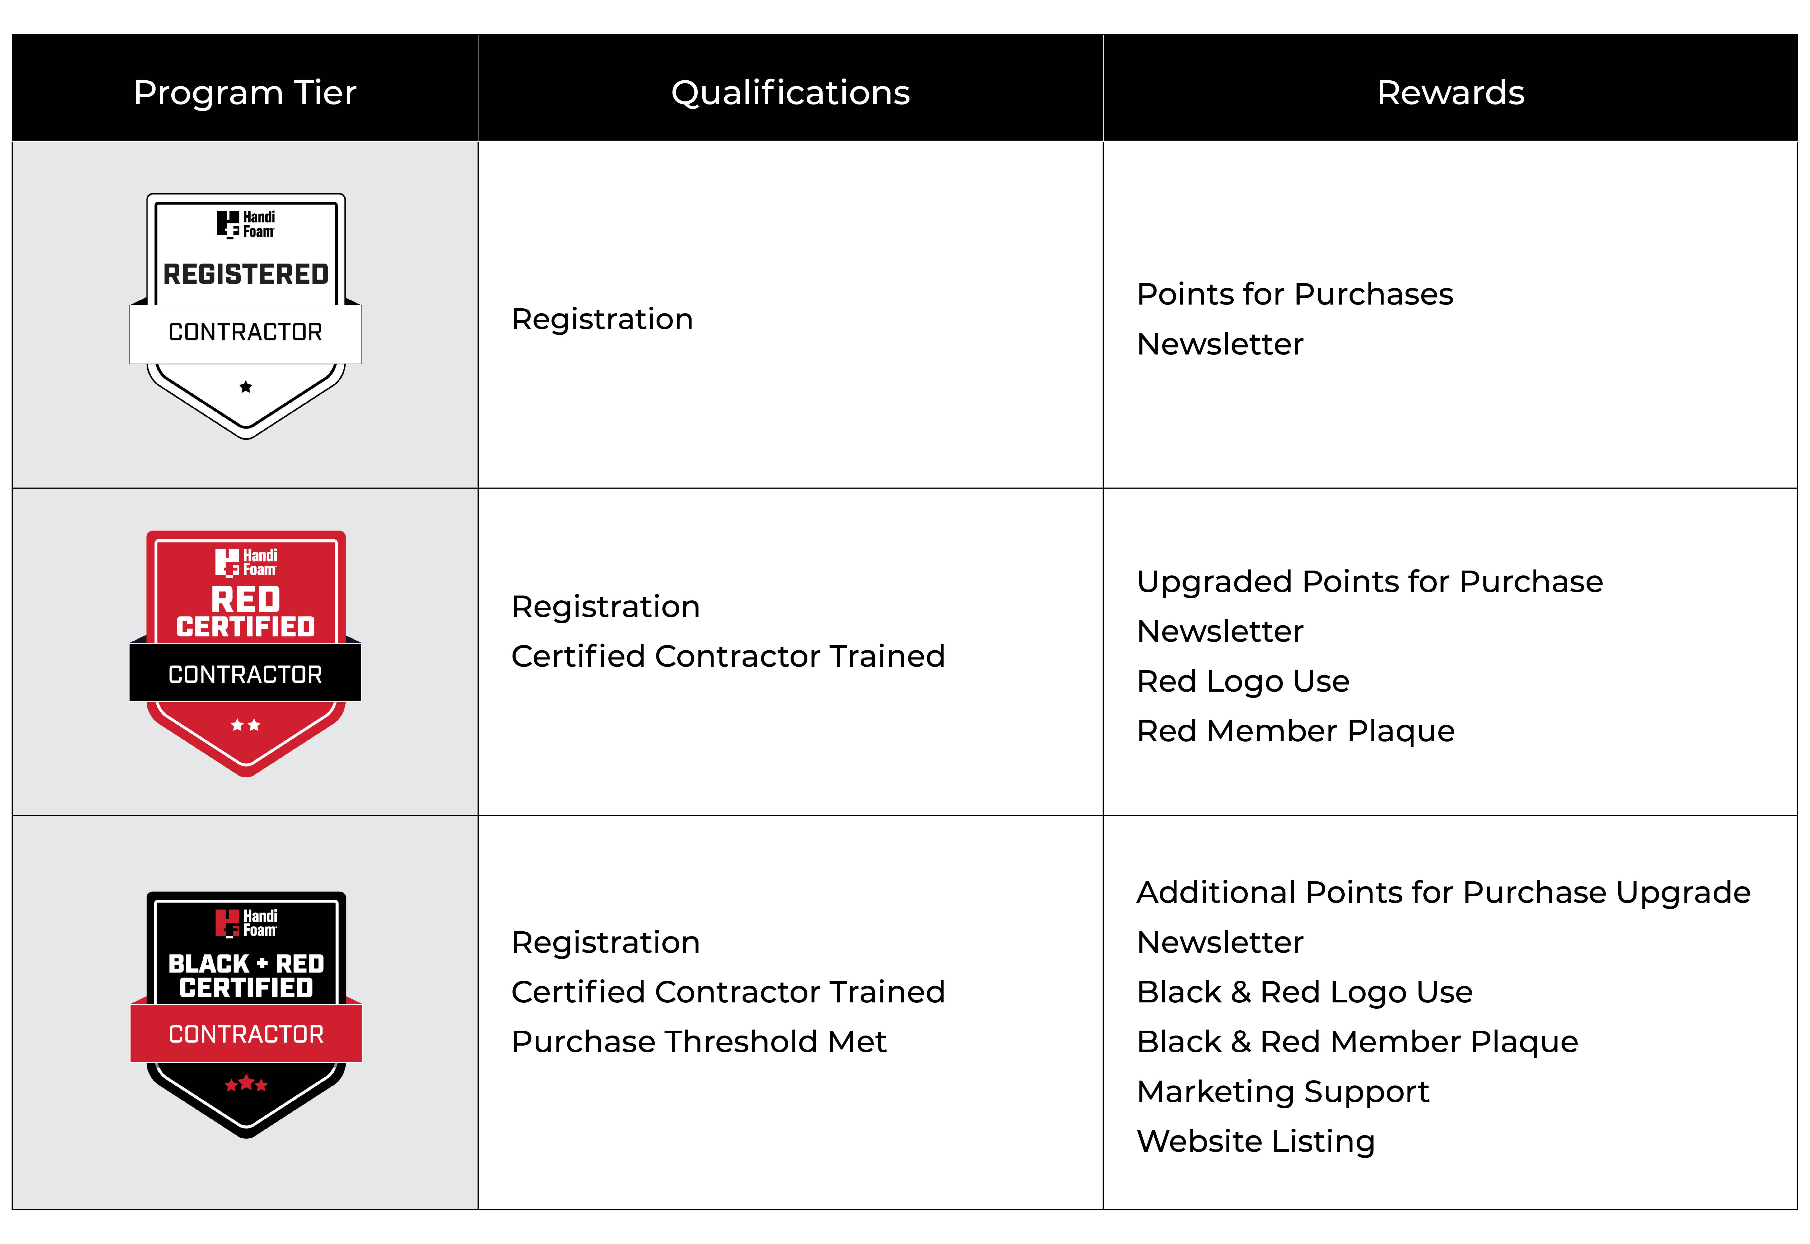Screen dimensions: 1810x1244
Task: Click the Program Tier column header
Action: pyautogui.click(x=245, y=93)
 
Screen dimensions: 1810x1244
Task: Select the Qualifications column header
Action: pyautogui.click(x=790, y=93)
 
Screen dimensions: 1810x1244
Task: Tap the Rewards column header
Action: pyautogui.click(x=1451, y=93)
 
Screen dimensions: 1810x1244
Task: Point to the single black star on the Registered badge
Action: pyautogui.click(x=245, y=387)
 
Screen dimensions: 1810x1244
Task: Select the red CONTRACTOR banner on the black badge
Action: pyautogui.click(x=245, y=1034)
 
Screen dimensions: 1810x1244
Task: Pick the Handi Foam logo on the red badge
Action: pyautogui.click(x=245, y=562)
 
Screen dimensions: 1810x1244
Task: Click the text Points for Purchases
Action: pyautogui.click(x=1295, y=295)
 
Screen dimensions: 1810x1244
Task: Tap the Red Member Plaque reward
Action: pyautogui.click(x=1296, y=731)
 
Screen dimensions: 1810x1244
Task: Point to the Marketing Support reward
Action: pyautogui.click(x=1283, y=1092)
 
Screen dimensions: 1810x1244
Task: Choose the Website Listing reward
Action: pyautogui.click(x=1256, y=1142)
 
